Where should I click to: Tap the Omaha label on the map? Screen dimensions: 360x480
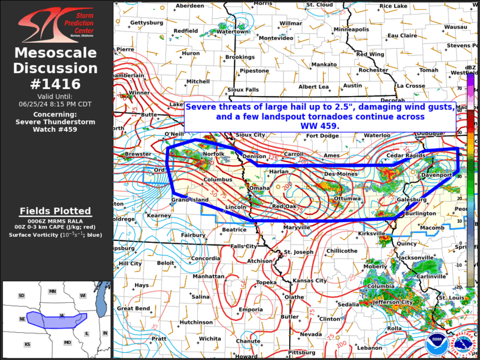coord(260,188)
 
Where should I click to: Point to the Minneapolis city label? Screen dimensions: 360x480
coord(352,29)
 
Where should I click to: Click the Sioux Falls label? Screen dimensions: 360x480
coord(243,90)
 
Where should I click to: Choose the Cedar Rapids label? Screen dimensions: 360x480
coord(406,156)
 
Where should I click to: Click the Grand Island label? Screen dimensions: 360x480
coord(190,200)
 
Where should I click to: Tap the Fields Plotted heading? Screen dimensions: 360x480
coord(55,211)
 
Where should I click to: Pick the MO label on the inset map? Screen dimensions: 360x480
coord(67,342)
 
